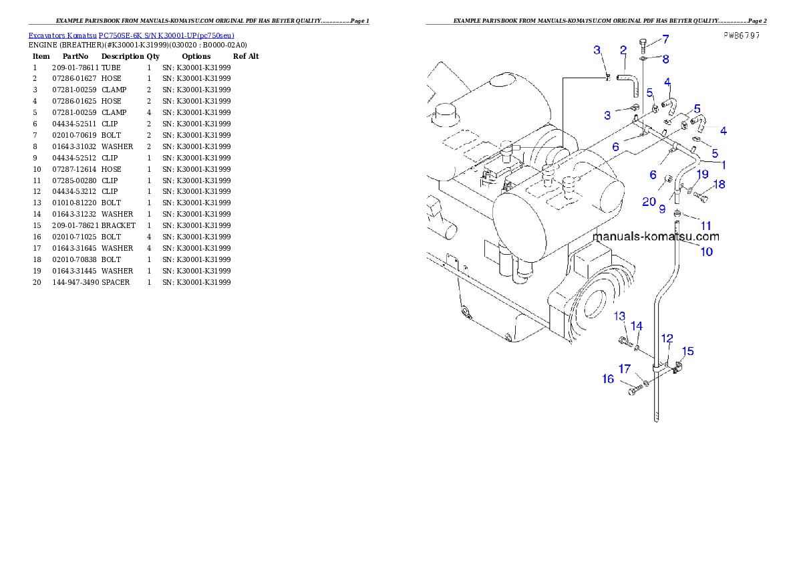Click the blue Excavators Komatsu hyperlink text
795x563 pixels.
pos(131,35)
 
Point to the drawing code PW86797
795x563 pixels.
pos(741,35)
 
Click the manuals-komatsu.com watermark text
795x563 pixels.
pos(655,236)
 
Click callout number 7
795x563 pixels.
pos(665,39)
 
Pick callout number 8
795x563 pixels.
pos(665,59)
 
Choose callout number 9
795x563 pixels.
pos(662,209)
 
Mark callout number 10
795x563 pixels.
pos(706,251)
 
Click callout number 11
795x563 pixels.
pos(705,226)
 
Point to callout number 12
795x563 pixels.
pos(667,338)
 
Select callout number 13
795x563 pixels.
pos(620,316)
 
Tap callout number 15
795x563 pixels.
pos(687,351)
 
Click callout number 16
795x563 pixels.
pos(608,379)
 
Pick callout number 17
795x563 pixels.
pos(624,368)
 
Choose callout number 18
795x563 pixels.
pos(720,184)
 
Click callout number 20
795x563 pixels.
pos(649,201)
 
